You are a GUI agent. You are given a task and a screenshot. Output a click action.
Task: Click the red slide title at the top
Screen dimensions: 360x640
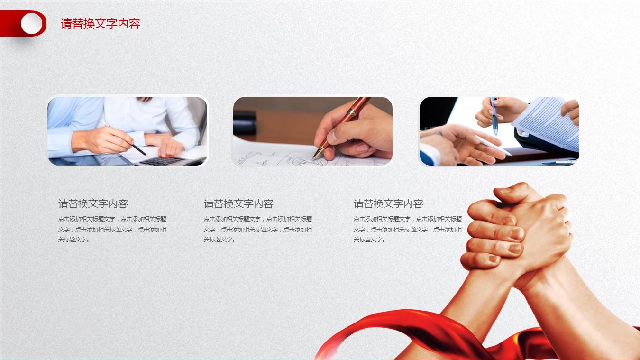pos(100,24)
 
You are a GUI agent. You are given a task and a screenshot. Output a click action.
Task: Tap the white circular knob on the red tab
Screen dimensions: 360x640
pos(31,23)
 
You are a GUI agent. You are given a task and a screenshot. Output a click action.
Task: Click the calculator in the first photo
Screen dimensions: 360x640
pos(162,160)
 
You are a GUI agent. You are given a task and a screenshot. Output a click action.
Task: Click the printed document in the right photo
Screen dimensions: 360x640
pos(548,120)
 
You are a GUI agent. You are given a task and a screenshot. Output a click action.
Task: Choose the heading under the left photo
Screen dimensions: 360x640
pos(93,204)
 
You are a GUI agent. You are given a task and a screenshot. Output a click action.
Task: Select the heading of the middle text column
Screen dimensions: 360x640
pos(238,204)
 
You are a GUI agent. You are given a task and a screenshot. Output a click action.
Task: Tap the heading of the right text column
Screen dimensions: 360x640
pos(388,204)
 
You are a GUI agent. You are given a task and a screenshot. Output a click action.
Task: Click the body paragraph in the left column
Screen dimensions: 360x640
pos(112,229)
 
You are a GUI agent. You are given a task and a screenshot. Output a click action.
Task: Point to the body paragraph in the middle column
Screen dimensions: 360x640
pos(258,229)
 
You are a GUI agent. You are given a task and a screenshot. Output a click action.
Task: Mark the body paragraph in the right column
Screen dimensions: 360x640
pos(407,229)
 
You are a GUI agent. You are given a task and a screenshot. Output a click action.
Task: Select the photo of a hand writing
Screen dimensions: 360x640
pos(312,131)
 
